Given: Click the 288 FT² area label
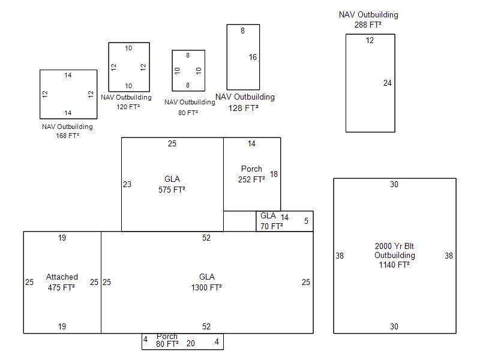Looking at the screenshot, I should [368, 25].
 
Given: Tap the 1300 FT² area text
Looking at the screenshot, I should [206, 288].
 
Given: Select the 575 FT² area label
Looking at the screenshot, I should [172, 190].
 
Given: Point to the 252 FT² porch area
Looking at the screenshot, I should [251, 179].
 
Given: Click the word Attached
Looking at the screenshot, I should [62, 277].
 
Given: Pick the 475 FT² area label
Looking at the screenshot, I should [61, 287].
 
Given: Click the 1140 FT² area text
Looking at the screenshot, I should [394, 265].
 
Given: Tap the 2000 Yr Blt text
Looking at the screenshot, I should [394, 245].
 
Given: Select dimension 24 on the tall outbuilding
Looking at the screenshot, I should [388, 83].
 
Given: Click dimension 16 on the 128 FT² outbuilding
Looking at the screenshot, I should [253, 58].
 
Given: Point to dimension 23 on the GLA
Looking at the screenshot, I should [127, 185].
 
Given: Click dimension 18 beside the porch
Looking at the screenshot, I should [274, 174].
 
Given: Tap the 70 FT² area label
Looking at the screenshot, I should [271, 227].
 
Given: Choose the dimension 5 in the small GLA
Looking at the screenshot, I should [306, 221].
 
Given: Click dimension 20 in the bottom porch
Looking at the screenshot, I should [191, 343].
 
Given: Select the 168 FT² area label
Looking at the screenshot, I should [67, 136].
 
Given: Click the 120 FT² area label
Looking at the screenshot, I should [128, 107].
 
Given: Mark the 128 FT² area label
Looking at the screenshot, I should [244, 109].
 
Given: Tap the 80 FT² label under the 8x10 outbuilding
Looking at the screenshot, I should [188, 112].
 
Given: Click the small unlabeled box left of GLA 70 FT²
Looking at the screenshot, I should [239, 221].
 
